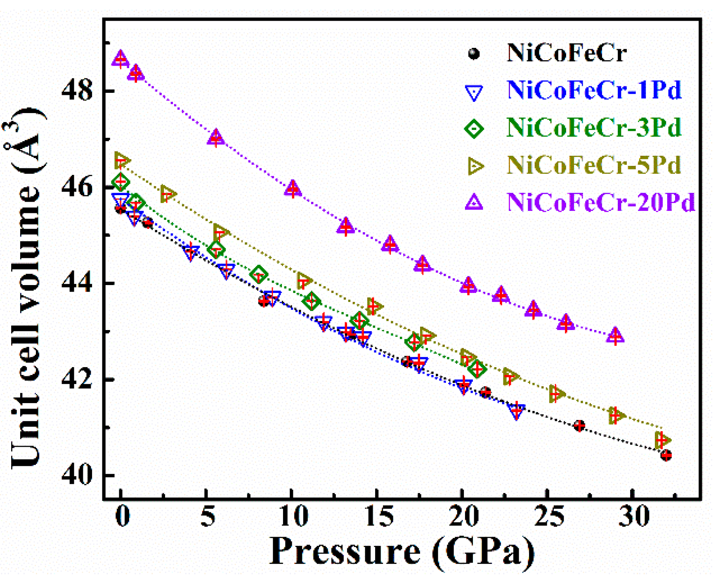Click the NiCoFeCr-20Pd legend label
tap(601, 203)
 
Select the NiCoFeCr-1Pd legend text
tap(594, 90)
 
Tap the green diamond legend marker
tap(474, 129)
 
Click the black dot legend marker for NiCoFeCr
tap(474, 54)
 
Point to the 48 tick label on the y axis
tap(77, 91)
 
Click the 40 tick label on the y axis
tap(77, 476)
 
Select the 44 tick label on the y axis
tap(77, 284)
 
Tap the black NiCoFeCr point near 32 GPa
tap(666, 455)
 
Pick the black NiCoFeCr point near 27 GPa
tap(579, 426)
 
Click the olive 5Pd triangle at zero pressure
tap(121, 161)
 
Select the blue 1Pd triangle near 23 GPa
tap(517, 410)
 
